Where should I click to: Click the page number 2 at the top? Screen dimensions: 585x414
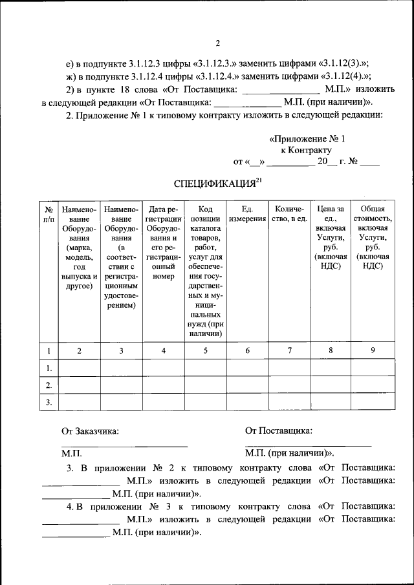pos(217,43)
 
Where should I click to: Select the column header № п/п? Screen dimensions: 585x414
pos(49,214)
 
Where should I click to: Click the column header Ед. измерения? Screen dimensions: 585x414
pos(247,214)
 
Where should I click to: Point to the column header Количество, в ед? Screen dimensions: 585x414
pos(289,214)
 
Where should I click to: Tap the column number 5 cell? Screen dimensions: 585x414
pos(205,351)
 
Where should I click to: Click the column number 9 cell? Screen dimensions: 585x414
pos(373,351)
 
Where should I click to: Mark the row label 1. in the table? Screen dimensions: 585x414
pos(49,368)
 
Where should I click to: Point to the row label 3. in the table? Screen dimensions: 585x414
pos(49,402)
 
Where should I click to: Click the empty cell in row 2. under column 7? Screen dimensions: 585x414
pos(289,385)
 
